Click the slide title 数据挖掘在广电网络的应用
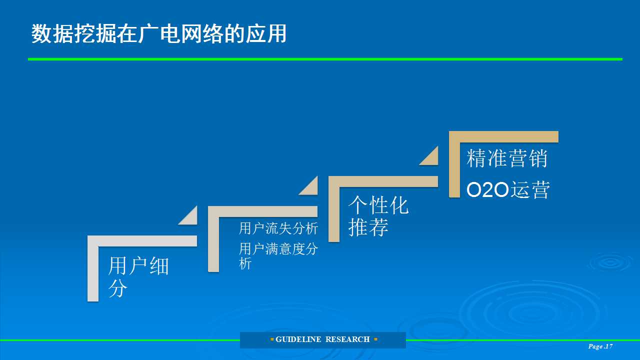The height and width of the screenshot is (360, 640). click(159, 33)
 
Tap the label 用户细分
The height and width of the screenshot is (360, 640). click(139, 277)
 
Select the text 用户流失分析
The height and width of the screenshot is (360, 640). click(278, 228)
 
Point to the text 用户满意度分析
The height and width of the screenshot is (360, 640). click(278, 256)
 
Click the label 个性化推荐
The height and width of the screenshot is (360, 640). click(378, 215)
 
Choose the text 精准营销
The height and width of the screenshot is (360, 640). click(507, 158)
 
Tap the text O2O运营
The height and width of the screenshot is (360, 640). click(508, 189)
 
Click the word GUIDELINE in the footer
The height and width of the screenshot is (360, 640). click(298, 339)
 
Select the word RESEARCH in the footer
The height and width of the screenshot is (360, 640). click(347, 339)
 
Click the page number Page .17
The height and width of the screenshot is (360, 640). click(600, 346)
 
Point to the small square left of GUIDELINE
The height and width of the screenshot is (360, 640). click(271, 339)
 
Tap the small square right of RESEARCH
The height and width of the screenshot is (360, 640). click(375, 339)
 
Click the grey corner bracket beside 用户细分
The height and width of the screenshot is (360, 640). click(93, 268)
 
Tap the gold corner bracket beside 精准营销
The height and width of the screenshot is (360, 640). click(454, 164)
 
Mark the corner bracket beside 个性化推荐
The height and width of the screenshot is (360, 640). click(333, 209)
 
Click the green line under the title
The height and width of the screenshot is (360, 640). click(325, 59)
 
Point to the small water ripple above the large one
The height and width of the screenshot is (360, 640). click(609, 262)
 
